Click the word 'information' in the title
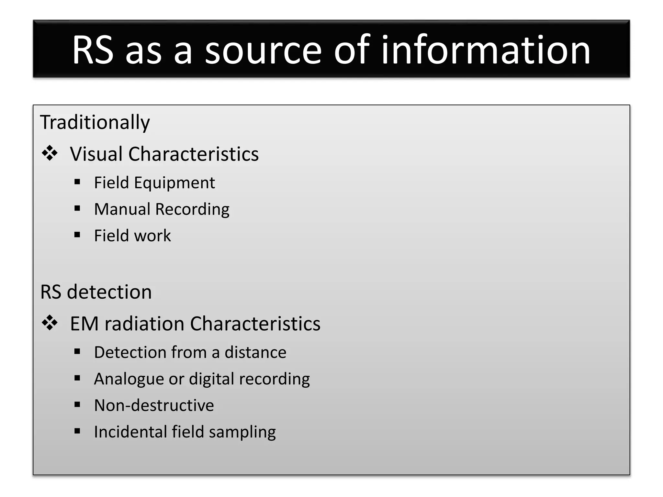(486, 50)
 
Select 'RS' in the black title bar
(93, 50)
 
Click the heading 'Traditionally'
(95, 123)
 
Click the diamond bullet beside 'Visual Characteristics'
(50, 153)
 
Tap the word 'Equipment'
(174, 183)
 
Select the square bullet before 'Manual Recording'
(77, 208)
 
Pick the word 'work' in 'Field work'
(153, 236)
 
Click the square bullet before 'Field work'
(77, 235)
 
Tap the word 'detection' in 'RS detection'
(109, 292)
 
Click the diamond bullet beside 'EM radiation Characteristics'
(50, 323)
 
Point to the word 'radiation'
(144, 324)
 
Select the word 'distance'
(255, 352)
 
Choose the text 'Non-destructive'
(154, 405)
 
